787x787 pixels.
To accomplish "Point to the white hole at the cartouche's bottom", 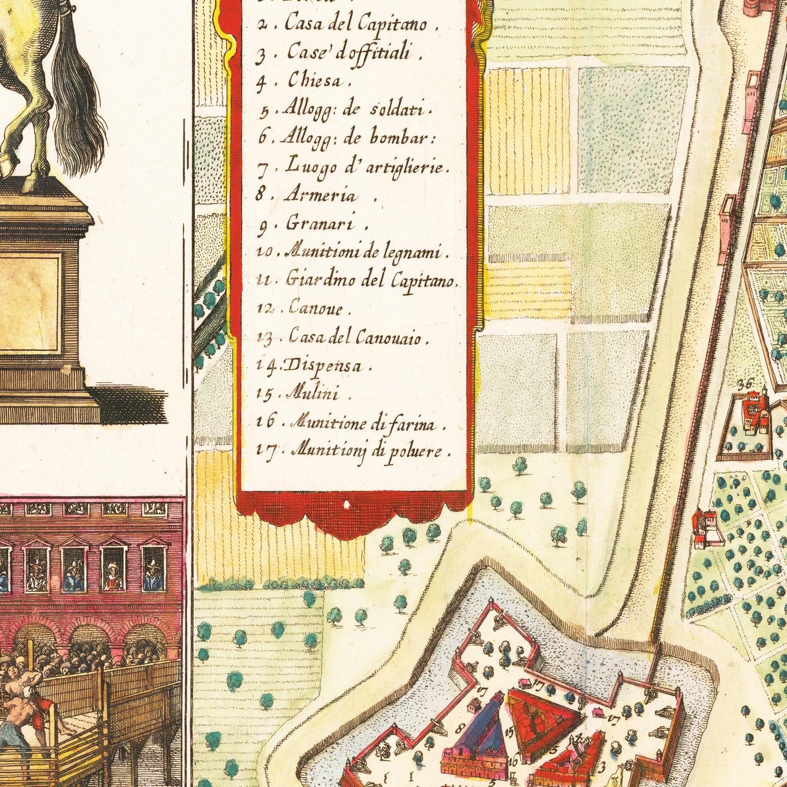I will (x=346, y=504).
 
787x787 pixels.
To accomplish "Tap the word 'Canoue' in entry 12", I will (x=316, y=309).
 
